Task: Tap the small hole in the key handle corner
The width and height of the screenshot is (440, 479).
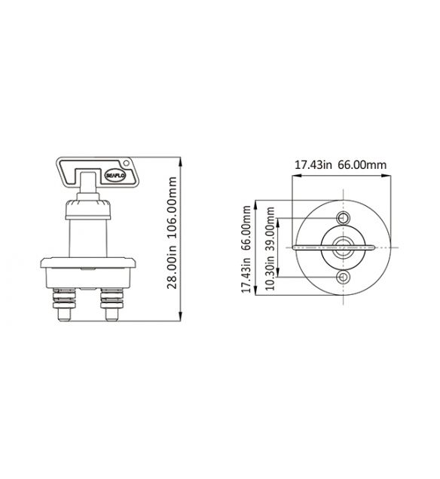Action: [126, 162]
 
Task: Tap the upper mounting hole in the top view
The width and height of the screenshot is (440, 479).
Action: [344, 218]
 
